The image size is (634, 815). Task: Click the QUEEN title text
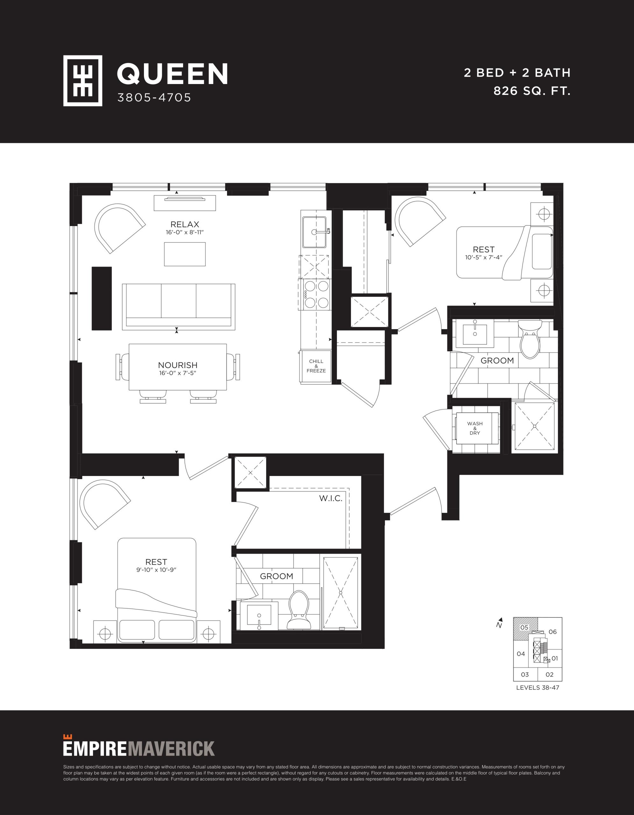[172, 74]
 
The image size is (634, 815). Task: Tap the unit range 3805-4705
[154, 97]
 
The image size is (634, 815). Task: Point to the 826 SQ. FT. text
[532, 91]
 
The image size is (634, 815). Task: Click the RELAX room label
[185, 224]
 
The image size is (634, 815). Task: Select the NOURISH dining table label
[178, 365]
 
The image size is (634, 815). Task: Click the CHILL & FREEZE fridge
[316, 366]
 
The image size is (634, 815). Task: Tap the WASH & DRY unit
[475, 429]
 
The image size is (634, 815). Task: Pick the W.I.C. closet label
[331, 499]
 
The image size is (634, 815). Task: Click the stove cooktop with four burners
[314, 294]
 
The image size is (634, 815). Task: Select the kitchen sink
[315, 232]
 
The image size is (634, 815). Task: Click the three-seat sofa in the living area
[179, 306]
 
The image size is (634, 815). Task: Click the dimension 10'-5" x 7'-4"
[484, 258]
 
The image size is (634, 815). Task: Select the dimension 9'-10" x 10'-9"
[156, 570]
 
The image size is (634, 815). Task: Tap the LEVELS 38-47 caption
[538, 687]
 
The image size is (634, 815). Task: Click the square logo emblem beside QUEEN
[82, 81]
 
